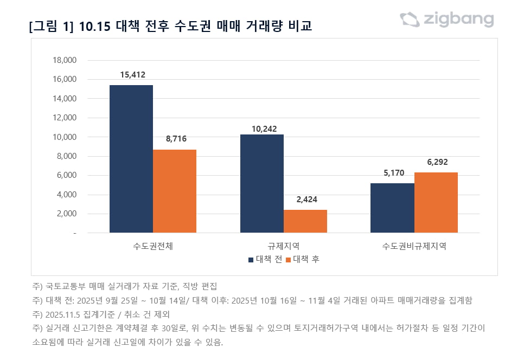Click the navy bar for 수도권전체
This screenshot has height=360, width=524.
[x=131, y=159]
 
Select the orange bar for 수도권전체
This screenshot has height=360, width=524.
[x=175, y=191]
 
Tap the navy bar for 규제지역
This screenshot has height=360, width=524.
[x=262, y=183]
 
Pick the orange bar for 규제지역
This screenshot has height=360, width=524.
[x=305, y=221]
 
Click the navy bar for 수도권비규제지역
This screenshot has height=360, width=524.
[x=393, y=208]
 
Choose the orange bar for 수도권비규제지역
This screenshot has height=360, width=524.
[x=436, y=202]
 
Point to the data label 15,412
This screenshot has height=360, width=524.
[x=131, y=75]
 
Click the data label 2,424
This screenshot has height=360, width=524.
[x=306, y=200]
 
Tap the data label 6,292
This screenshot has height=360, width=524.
[x=437, y=162]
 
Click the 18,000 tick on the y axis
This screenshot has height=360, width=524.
[x=65, y=60]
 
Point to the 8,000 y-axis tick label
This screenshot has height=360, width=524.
[x=66, y=156]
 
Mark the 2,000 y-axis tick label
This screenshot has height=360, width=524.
[x=66, y=214]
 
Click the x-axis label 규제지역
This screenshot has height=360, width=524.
[x=284, y=246]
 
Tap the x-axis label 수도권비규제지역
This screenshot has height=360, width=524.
[x=414, y=246]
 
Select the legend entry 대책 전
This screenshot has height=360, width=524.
[x=265, y=259]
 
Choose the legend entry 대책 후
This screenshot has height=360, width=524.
[x=303, y=259]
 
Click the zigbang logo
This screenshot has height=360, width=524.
[x=447, y=20]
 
